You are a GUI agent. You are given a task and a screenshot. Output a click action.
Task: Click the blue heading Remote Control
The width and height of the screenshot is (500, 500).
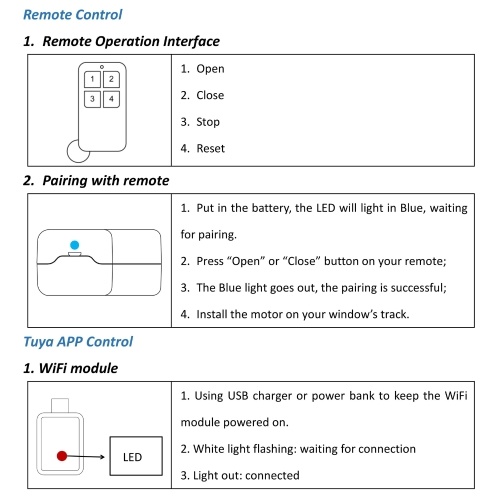pos(73,15)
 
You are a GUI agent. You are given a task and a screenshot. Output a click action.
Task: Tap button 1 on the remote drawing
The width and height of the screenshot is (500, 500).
pos(92,79)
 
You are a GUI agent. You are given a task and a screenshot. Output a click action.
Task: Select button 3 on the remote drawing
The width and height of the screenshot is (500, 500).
pos(92,99)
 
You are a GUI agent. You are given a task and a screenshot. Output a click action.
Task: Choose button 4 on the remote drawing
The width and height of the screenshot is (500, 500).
pos(111,99)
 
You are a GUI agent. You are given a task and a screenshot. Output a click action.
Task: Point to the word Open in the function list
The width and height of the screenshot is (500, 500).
pos(210,69)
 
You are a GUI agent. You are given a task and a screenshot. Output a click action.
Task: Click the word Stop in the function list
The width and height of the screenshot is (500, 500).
pos(208,122)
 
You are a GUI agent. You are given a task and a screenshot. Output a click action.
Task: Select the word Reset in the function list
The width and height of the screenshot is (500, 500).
pos(211,148)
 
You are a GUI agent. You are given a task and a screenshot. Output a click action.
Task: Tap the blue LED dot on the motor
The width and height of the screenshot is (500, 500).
pos(75,245)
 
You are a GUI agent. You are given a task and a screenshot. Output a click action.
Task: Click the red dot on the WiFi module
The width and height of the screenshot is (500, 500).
pos(62,456)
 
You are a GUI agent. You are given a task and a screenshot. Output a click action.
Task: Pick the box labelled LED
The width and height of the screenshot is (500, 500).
pos(136,456)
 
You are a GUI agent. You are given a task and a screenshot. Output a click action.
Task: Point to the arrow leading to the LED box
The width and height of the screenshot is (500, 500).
pos(86,457)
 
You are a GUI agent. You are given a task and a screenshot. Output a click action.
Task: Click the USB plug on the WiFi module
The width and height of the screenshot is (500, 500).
pos(60,406)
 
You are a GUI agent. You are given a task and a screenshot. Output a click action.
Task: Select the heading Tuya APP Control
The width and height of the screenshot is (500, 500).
pos(78,342)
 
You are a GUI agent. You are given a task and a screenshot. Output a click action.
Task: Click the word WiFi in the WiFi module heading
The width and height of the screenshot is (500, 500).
pos(53,368)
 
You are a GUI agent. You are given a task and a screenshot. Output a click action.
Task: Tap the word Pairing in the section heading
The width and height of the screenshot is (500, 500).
pos(65,181)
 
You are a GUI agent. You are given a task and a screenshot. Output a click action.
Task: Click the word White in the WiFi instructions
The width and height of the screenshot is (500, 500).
pos(209,449)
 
